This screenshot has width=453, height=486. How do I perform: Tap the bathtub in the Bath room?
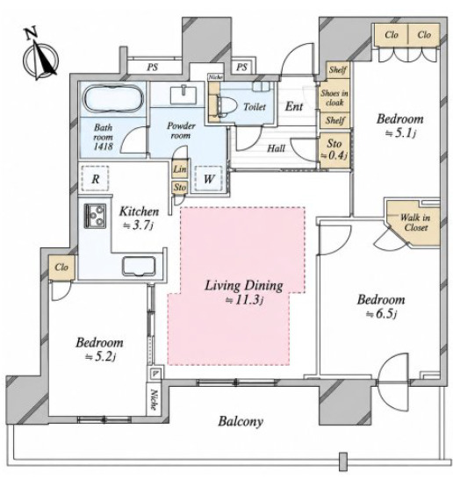coord(113,98)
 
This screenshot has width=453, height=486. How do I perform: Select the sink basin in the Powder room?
coord(183,95)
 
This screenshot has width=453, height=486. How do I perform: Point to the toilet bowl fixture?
coord(226,106)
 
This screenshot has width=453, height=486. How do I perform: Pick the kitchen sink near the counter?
coord(139,266)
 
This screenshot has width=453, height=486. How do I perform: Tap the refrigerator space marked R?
coord(95,179)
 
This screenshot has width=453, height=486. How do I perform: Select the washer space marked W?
coord(209,179)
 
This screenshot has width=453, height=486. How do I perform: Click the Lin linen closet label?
coord(180,169)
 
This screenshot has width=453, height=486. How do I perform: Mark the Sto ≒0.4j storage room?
coord(334,150)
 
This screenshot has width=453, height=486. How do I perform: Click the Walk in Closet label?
coord(415,223)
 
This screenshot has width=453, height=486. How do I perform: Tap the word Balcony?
coord(241,421)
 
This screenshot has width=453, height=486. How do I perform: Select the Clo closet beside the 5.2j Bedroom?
coord(61,268)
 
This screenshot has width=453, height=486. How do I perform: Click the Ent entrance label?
coord(294,107)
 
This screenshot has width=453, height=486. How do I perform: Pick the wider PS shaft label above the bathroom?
coord(153,67)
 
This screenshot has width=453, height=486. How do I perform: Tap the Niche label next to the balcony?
coord(154,400)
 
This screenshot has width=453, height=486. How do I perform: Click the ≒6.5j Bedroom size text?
coord(382,314)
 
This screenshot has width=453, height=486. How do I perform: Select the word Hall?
coord(277,148)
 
